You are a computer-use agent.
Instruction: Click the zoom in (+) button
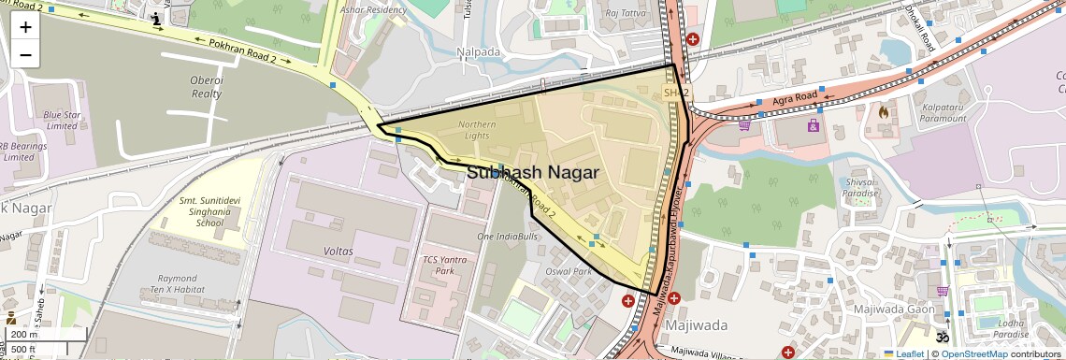pos(25,26)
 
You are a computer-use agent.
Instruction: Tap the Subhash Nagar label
pos(532,173)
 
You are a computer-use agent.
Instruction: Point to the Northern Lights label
pos(477,130)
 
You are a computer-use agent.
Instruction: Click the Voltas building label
pos(337,252)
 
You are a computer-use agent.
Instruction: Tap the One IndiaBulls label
pos(508,238)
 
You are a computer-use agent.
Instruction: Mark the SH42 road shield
pos(675,93)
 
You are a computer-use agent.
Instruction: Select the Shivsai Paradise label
pos(860,188)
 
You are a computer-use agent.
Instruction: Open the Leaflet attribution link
pos(903,353)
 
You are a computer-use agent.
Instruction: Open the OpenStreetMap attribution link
pos(975,353)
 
